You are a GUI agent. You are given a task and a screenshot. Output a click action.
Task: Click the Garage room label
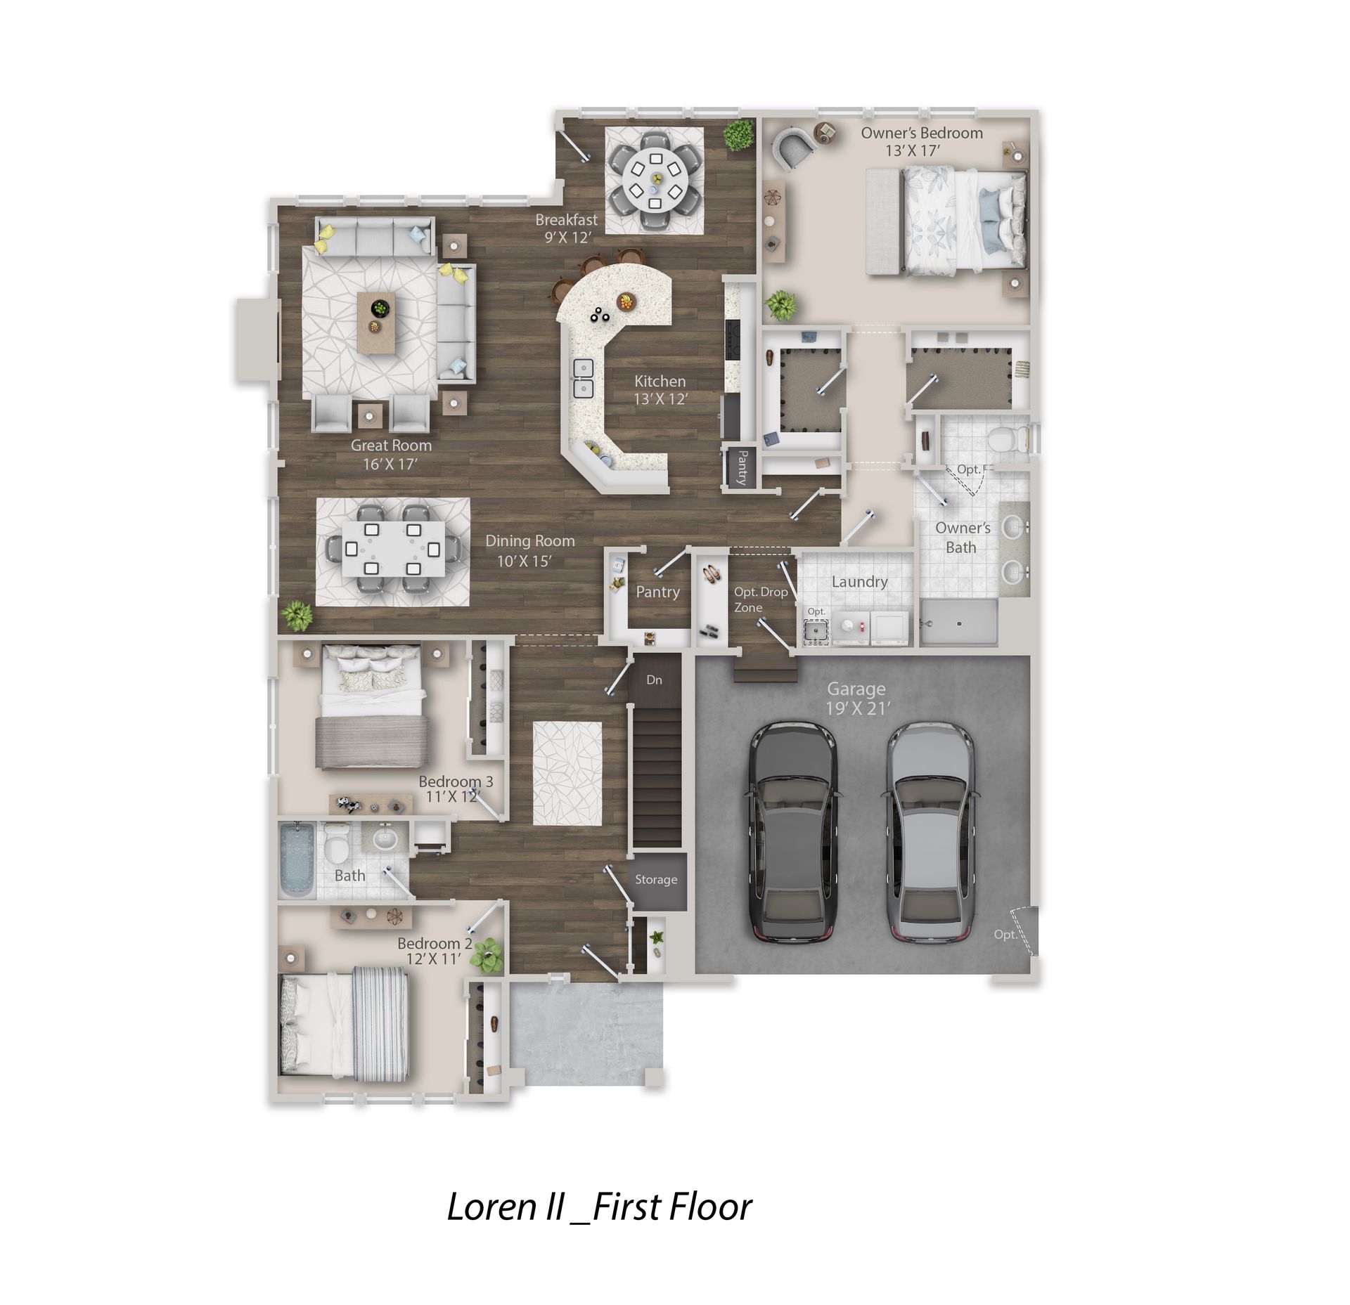tap(856, 689)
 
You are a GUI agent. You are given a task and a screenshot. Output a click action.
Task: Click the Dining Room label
tap(530, 541)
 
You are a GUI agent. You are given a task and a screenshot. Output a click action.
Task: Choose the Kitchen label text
tap(660, 382)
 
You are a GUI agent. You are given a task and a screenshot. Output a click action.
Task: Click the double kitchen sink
tap(582, 378)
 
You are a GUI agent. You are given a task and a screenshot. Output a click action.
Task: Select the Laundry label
tap(859, 582)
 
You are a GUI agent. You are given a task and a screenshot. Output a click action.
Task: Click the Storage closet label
tap(656, 879)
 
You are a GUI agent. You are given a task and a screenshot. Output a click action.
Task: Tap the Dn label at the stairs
tap(654, 680)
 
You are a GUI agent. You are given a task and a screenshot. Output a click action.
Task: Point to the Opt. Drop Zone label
tap(760, 599)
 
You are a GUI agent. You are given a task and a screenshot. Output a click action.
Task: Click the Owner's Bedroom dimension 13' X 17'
tap(912, 150)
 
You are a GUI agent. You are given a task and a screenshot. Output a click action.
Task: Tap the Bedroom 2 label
tap(435, 943)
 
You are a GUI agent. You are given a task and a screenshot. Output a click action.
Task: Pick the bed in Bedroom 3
tap(372, 707)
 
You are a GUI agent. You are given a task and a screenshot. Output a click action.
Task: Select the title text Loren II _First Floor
tap(599, 1207)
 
